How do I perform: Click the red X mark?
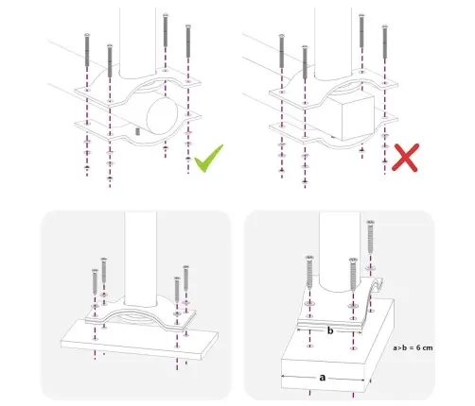click(x=405, y=158)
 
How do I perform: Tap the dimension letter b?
click(x=330, y=330)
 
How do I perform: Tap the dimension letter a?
click(x=322, y=377)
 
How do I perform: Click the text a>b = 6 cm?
click(x=413, y=347)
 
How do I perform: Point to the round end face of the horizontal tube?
click(x=163, y=115)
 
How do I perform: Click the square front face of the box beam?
click(x=359, y=118)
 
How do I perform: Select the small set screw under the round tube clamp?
click(x=137, y=131)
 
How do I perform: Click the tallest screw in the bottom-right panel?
click(x=371, y=237)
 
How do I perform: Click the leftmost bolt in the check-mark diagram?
click(x=87, y=49)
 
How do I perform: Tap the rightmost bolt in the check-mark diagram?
click(x=188, y=41)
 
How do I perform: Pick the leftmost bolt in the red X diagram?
click(x=282, y=51)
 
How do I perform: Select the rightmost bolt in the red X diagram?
click(x=384, y=42)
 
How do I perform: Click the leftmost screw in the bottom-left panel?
click(x=95, y=281)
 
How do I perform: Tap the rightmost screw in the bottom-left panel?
click(x=186, y=278)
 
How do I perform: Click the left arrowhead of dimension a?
click(x=284, y=376)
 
